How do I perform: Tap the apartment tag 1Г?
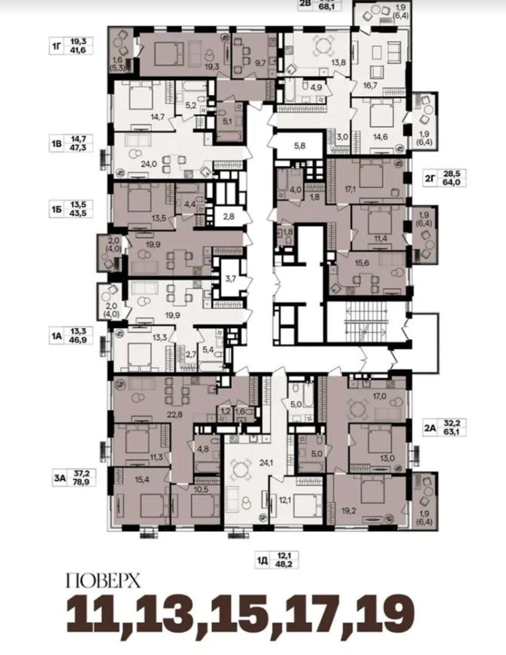57,46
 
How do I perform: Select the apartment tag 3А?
59,479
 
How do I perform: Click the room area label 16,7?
370,86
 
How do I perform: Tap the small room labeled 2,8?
229,217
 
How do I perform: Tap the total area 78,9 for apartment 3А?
82,483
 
